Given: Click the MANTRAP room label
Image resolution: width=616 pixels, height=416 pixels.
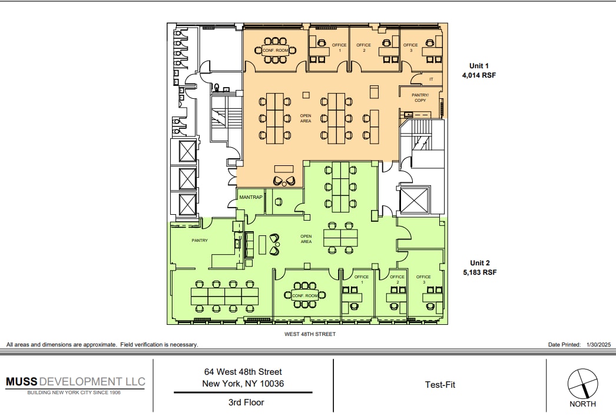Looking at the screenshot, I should click(x=250, y=197).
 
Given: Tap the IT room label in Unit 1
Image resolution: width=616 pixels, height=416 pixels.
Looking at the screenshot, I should click(x=431, y=79).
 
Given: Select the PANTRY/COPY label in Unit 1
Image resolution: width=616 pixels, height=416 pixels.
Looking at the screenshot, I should click(x=420, y=98).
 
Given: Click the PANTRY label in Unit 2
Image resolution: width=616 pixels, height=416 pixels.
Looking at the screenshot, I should click(x=200, y=240).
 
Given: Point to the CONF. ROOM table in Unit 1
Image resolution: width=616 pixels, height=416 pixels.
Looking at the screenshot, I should click(x=275, y=51).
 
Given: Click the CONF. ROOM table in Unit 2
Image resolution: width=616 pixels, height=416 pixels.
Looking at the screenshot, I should click(x=305, y=295).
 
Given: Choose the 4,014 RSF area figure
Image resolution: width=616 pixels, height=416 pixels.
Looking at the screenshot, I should click(x=479, y=75).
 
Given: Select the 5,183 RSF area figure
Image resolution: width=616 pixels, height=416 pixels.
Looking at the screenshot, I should click(x=479, y=272).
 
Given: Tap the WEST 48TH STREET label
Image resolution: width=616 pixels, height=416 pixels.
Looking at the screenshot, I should click(x=309, y=334).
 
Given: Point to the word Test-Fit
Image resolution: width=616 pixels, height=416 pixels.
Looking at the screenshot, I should click(x=440, y=385).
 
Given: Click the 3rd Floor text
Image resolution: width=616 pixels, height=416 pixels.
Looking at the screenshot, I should click(x=246, y=402).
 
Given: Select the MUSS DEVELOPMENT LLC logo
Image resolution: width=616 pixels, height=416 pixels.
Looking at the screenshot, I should click(x=75, y=382).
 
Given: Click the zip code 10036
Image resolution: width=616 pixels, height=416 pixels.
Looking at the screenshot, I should click(x=271, y=384).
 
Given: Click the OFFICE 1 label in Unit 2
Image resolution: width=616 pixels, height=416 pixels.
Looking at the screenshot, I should click(x=362, y=279).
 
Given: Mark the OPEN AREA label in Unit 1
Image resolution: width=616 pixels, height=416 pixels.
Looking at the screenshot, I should click(x=305, y=118).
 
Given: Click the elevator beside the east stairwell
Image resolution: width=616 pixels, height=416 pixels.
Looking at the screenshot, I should click(x=415, y=201).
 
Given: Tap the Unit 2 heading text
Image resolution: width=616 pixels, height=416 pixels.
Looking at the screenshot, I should click(x=479, y=263).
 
